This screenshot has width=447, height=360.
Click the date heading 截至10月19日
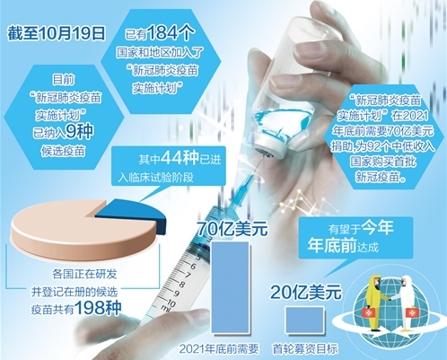tap(57, 33)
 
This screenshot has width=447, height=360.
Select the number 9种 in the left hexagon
tap(79, 131)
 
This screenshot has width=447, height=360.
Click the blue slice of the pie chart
tap(132, 215)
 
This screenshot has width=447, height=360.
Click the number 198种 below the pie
tap(98, 307)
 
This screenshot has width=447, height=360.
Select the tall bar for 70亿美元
tap(230, 287)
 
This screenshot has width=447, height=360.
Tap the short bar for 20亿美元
tap(304, 320)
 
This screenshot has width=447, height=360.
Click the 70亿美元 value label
tap(232, 230)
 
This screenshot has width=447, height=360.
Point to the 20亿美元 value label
tap(305, 292)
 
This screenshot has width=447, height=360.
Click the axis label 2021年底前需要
tap(219, 349)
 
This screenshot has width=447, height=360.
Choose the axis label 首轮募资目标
tap(305, 349)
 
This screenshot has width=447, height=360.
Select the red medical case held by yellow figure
tap(367, 312)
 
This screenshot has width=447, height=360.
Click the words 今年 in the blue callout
tap(378, 228)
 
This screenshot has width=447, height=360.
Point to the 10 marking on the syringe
tap(171, 303)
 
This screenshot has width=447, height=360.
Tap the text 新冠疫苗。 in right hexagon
tap(381, 178)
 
